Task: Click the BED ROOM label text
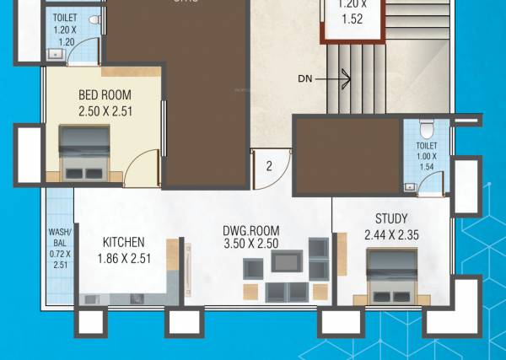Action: tap(104, 94)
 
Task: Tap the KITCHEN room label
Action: tap(124, 241)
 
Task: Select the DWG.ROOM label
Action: tap(250, 230)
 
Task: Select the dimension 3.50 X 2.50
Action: tap(250, 244)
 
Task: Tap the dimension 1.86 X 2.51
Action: tap(124, 258)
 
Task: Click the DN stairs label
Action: tap(306, 80)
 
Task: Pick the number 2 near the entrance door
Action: tap(269, 166)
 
